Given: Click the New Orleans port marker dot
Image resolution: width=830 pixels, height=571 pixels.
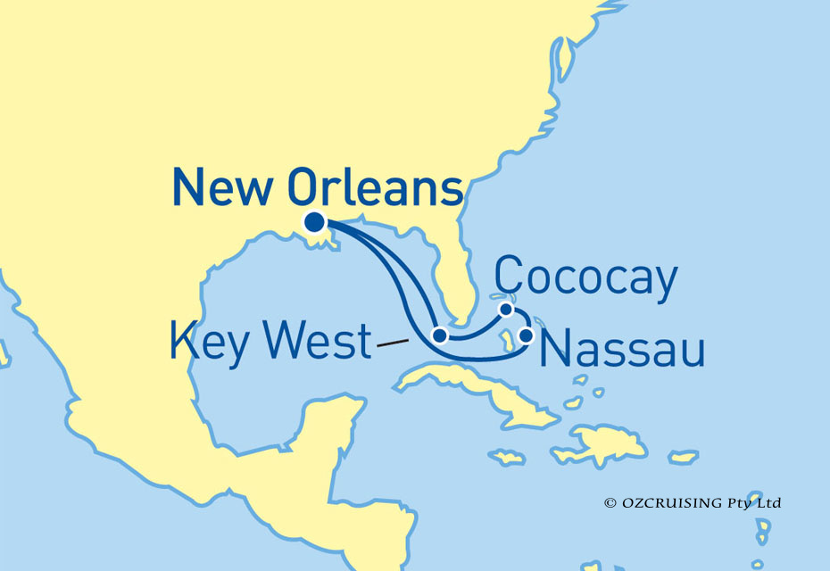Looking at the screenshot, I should click(x=314, y=222).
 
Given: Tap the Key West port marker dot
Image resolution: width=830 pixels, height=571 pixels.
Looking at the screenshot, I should click(x=439, y=335).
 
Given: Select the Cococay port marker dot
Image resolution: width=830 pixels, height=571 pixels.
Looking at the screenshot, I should click(x=506, y=310).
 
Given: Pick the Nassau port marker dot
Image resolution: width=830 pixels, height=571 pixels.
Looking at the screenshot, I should click(x=527, y=335).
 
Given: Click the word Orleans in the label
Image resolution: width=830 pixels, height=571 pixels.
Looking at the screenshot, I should click(x=376, y=190).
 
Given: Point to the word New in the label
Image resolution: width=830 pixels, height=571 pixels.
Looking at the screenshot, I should click(x=224, y=190).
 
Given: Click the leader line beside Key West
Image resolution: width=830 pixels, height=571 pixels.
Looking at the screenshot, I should click(x=394, y=342).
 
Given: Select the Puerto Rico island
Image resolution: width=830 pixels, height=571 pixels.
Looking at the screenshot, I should click(x=683, y=458).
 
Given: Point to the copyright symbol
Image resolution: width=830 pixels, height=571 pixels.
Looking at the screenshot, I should click(x=610, y=503).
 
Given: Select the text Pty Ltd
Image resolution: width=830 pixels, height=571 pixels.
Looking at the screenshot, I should click(x=757, y=503).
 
